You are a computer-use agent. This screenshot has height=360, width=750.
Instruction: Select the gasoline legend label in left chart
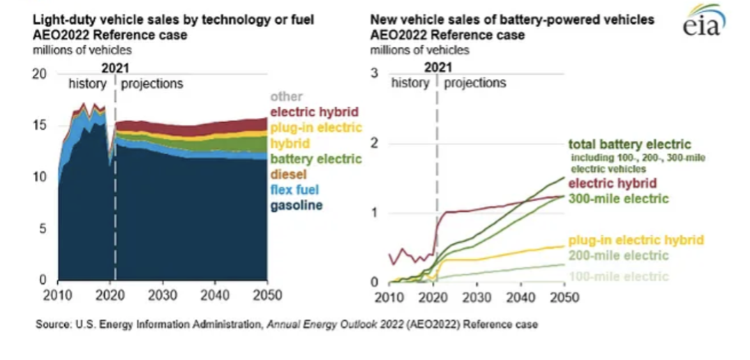click(297, 206)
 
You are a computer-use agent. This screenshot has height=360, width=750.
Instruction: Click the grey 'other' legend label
click(285, 97)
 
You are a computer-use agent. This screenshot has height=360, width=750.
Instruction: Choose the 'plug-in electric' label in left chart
click(315, 128)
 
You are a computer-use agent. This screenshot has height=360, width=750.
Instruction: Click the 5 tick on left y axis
click(43, 229)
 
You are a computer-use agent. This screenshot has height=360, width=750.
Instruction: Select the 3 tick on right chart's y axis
click(374, 74)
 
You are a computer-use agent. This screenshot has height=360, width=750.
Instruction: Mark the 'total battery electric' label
click(630, 145)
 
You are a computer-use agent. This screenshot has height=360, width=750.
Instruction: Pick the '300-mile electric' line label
click(617, 199)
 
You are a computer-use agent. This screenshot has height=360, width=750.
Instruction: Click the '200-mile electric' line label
click(618, 255)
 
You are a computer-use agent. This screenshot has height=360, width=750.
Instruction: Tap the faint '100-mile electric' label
click(618, 277)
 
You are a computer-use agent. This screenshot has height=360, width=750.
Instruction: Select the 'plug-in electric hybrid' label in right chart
click(636, 240)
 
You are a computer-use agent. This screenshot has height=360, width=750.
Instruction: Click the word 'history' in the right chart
click(410, 83)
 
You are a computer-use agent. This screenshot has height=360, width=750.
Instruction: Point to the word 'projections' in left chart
click(152, 84)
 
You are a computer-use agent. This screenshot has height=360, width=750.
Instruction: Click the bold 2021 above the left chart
click(114, 68)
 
